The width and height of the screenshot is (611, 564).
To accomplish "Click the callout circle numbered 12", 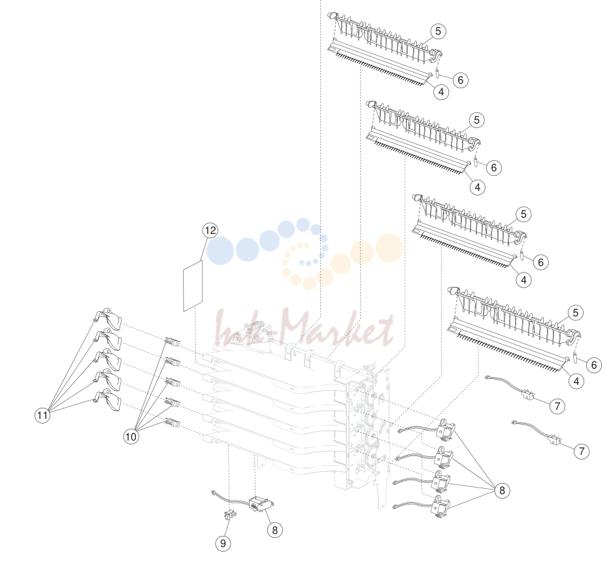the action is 210,230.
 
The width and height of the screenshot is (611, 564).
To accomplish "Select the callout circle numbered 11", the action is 42,415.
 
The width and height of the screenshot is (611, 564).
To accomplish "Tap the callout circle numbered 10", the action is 131,436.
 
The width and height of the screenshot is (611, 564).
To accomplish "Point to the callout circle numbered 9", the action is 223,543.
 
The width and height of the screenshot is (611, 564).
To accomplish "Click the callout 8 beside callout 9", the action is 275,530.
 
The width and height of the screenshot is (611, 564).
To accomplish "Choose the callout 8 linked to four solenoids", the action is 502,490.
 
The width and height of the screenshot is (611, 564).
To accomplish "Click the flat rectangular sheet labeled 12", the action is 193,286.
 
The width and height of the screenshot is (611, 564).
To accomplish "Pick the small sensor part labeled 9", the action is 229,514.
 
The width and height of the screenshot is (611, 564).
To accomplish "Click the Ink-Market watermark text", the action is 304,328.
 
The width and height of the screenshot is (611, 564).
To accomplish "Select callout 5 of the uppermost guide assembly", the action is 438,31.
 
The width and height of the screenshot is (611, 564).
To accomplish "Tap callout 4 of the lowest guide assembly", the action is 576,381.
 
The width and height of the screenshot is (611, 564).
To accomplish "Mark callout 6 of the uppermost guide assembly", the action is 461,80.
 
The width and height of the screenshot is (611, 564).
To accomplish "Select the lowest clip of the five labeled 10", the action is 173,422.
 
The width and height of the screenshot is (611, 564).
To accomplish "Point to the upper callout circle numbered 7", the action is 557,406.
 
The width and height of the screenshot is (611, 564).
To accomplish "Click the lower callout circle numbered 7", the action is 582,452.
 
